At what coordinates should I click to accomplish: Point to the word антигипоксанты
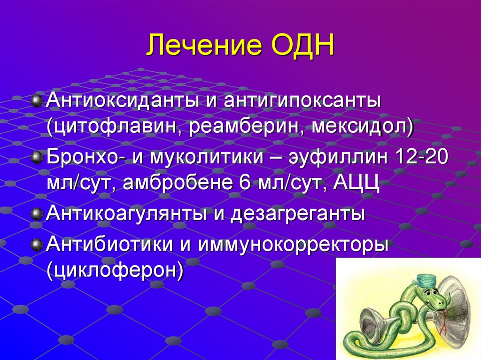point(301,101)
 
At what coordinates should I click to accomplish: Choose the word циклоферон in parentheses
point(114,270)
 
